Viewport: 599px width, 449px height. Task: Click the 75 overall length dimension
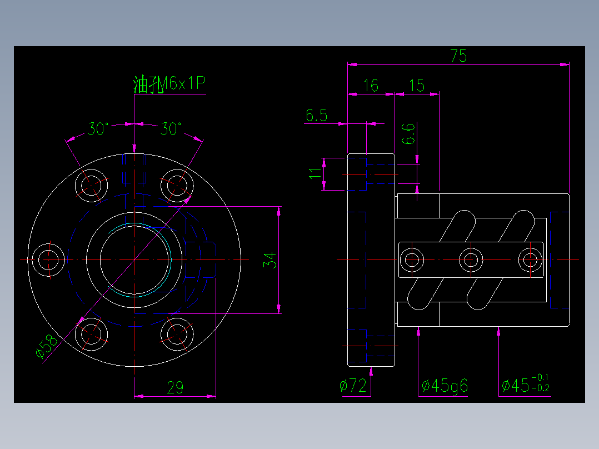[458, 56]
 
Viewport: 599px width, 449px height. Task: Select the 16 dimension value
[371, 86]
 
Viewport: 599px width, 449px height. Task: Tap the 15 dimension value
[416, 86]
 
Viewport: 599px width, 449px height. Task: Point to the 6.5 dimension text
[316, 116]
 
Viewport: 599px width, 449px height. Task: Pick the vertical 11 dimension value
[315, 174]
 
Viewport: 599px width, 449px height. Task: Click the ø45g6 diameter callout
[445, 386]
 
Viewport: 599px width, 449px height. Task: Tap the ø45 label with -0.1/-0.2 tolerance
[525, 385]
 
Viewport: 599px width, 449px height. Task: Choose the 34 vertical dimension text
[269, 260]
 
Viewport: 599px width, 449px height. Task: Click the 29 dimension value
[175, 388]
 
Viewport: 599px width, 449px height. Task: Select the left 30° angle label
[98, 129]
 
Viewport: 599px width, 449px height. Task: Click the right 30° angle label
[171, 129]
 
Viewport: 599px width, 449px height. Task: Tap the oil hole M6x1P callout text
[169, 84]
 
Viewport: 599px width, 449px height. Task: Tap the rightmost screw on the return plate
[530, 260]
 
